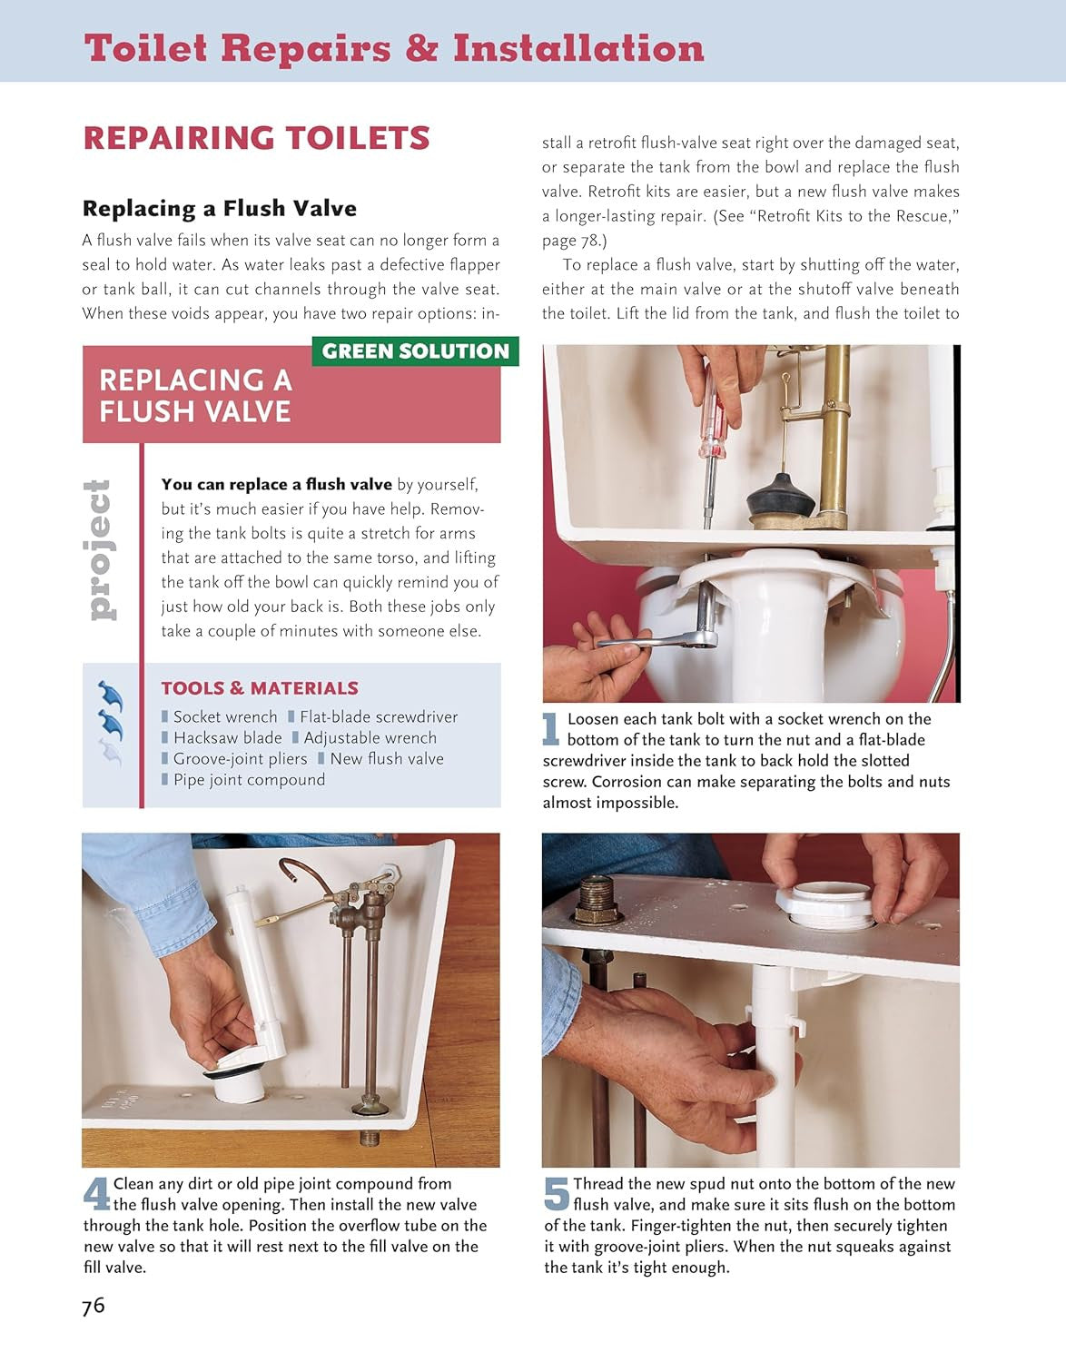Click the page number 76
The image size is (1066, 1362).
coord(94,1306)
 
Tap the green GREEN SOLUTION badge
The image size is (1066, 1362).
coord(415,351)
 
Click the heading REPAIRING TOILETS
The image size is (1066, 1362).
coord(256,138)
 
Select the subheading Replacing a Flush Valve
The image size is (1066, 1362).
coord(219,208)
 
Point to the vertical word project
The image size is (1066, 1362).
coord(99,550)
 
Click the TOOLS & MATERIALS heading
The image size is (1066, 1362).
coord(260,688)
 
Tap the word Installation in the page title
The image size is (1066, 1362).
coord(578,48)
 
